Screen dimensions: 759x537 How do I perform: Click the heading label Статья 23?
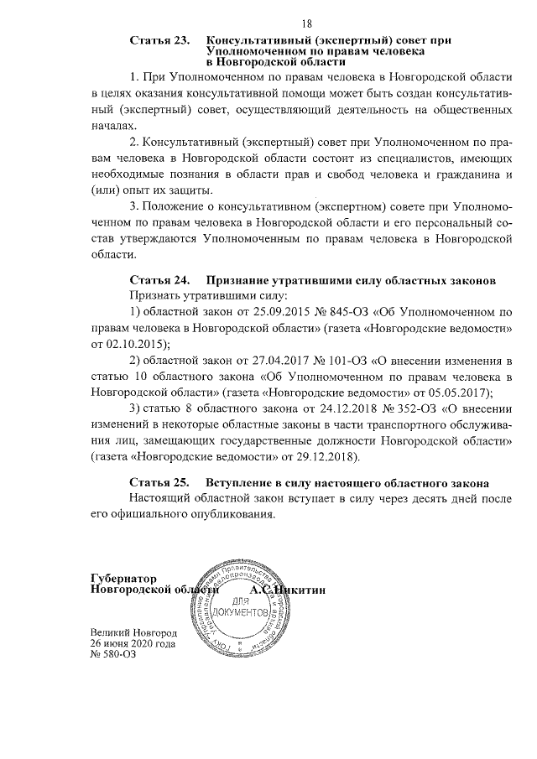click(159, 40)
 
